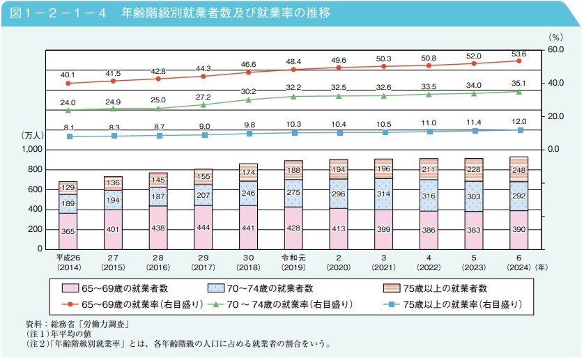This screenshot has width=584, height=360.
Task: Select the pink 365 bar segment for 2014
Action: tap(68, 231)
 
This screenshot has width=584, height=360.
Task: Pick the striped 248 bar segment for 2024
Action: tap(518, 169)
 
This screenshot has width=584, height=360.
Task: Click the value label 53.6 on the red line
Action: tap(518, 54)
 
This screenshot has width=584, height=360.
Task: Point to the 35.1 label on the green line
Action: tap(518, 84)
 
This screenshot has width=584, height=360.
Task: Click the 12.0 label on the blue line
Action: tap(518, 122)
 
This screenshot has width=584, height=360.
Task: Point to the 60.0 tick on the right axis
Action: tap(554, 50)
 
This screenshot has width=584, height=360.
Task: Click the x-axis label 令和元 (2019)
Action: tap(293, 262)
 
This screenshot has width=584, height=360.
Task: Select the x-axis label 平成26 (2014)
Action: tap(68, 262)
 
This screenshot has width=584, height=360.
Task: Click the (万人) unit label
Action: tap(31, 136)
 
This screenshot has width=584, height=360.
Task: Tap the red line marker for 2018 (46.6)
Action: tap(248, 72)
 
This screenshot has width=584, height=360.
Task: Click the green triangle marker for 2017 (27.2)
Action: tap(203, 104)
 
